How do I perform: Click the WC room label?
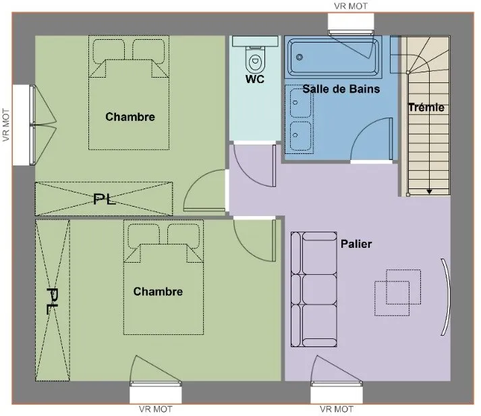(254, 79)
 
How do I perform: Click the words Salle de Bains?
(341, 89)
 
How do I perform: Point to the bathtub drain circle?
(300, 57)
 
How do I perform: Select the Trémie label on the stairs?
(426, 107)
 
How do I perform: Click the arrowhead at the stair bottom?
(430, 192)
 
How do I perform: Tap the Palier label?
(356, 244)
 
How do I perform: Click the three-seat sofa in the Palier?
(314, 289)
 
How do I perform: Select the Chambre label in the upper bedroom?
(130, 117)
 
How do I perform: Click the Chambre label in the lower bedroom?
(158, 292)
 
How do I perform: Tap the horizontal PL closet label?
(105, 199)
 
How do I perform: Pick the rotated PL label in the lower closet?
(53, 301)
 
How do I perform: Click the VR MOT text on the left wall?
(6, 125)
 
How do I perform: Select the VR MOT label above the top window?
(351, 6)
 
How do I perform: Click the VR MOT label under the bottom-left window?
(156, 409)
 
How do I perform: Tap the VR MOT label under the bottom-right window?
(337, 409)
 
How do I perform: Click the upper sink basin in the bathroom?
(300, 103)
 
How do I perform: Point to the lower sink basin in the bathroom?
(300, 136)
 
